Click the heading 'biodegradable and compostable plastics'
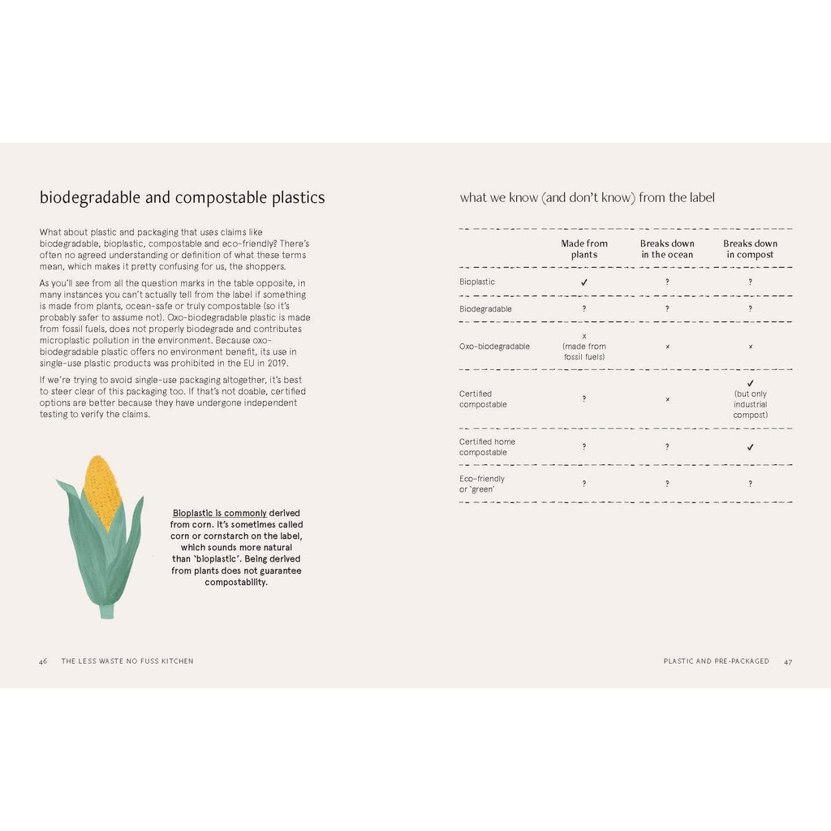[x=182, y=197]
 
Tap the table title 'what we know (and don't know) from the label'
[x=587, y=197]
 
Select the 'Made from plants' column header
[x=584, y=249]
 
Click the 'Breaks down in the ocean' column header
[x=667, y=249]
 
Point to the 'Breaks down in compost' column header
[x=750, y=249]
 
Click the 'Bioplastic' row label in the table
[x=477, y=282]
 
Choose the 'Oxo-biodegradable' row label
[x=494, y=347]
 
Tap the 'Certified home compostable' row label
[x=487, y=447]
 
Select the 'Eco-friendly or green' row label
[x=482, y=484]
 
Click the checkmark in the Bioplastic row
[x=584, y=282]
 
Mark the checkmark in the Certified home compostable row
[x=750, y=447]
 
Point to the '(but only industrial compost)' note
[x=750, y=404]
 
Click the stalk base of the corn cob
[x=106, y=610]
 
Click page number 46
[x=43, y=661]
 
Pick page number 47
[x=788, y=661]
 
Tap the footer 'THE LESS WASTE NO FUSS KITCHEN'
[x=127, y=661]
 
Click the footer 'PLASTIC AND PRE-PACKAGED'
[x=716, y=661]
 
